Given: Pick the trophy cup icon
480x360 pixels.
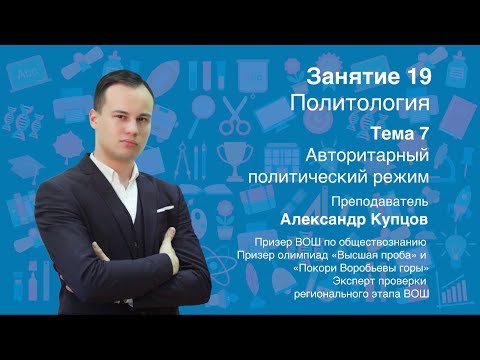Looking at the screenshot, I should [231, 155].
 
